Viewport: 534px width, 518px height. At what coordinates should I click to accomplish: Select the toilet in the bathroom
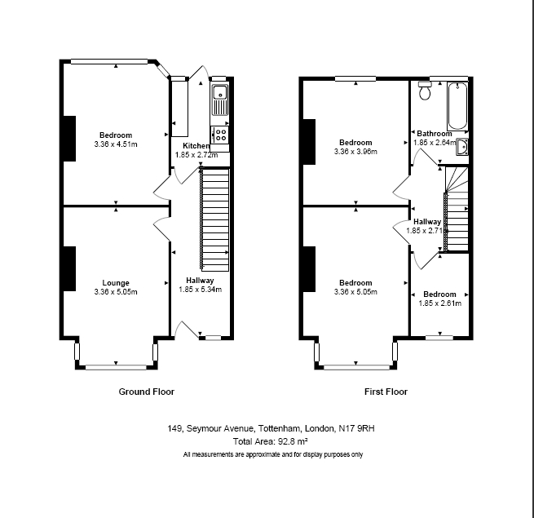423,91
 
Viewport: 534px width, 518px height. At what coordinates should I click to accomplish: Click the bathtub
457,104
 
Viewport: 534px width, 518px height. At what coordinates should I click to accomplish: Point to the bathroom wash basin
461,146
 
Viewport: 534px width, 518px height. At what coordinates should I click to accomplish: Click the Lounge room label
115,283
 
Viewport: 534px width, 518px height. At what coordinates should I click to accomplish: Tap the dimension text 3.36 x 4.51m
115,144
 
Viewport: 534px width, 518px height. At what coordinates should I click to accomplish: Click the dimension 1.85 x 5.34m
199,289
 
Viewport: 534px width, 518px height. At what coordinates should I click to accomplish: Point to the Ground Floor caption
147,392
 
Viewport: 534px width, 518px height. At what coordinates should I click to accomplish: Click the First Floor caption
386,392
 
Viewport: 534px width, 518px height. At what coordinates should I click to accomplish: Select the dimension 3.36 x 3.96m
355,151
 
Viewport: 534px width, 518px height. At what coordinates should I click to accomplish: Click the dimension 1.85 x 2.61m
439,303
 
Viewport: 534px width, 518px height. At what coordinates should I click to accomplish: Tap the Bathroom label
434,134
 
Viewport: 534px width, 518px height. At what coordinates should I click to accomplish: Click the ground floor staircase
216,220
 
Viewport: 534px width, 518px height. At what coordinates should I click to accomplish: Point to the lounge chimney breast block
68,268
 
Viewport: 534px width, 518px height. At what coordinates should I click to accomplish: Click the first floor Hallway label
427,221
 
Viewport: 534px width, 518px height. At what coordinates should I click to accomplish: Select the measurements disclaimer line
273,454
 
